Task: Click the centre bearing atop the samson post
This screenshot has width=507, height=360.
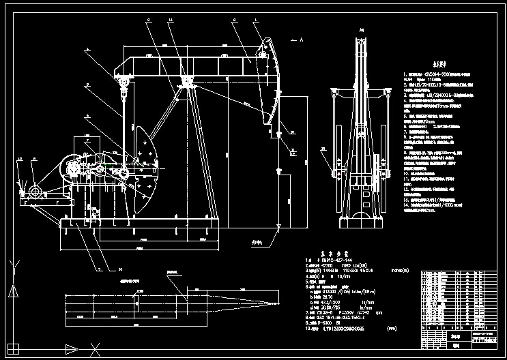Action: click(x=185, y=83)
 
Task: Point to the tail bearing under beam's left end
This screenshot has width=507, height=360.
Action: click(x=124, y=82)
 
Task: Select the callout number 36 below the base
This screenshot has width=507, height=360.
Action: click(x=100, y=269)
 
